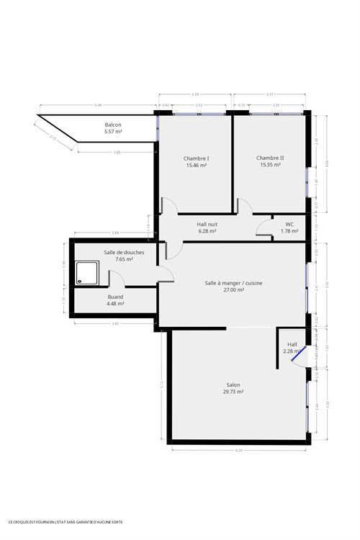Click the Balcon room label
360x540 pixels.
(113, 125)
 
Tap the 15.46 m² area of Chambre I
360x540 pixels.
(197, 166)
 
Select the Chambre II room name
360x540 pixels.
(270, 158)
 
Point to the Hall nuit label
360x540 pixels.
(207, 224)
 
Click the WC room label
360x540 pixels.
(289, 224)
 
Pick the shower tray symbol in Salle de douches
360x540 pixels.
(88, 272)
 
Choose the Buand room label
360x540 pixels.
(115, 297)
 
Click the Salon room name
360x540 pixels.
(233, 385)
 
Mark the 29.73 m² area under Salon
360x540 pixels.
(233, 392)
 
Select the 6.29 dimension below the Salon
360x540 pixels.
(239, 451)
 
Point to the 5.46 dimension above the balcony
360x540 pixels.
(97, 106)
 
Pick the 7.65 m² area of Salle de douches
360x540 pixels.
(119, 259)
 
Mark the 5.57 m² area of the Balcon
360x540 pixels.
(113, 132)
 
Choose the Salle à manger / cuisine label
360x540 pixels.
(233, 283)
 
